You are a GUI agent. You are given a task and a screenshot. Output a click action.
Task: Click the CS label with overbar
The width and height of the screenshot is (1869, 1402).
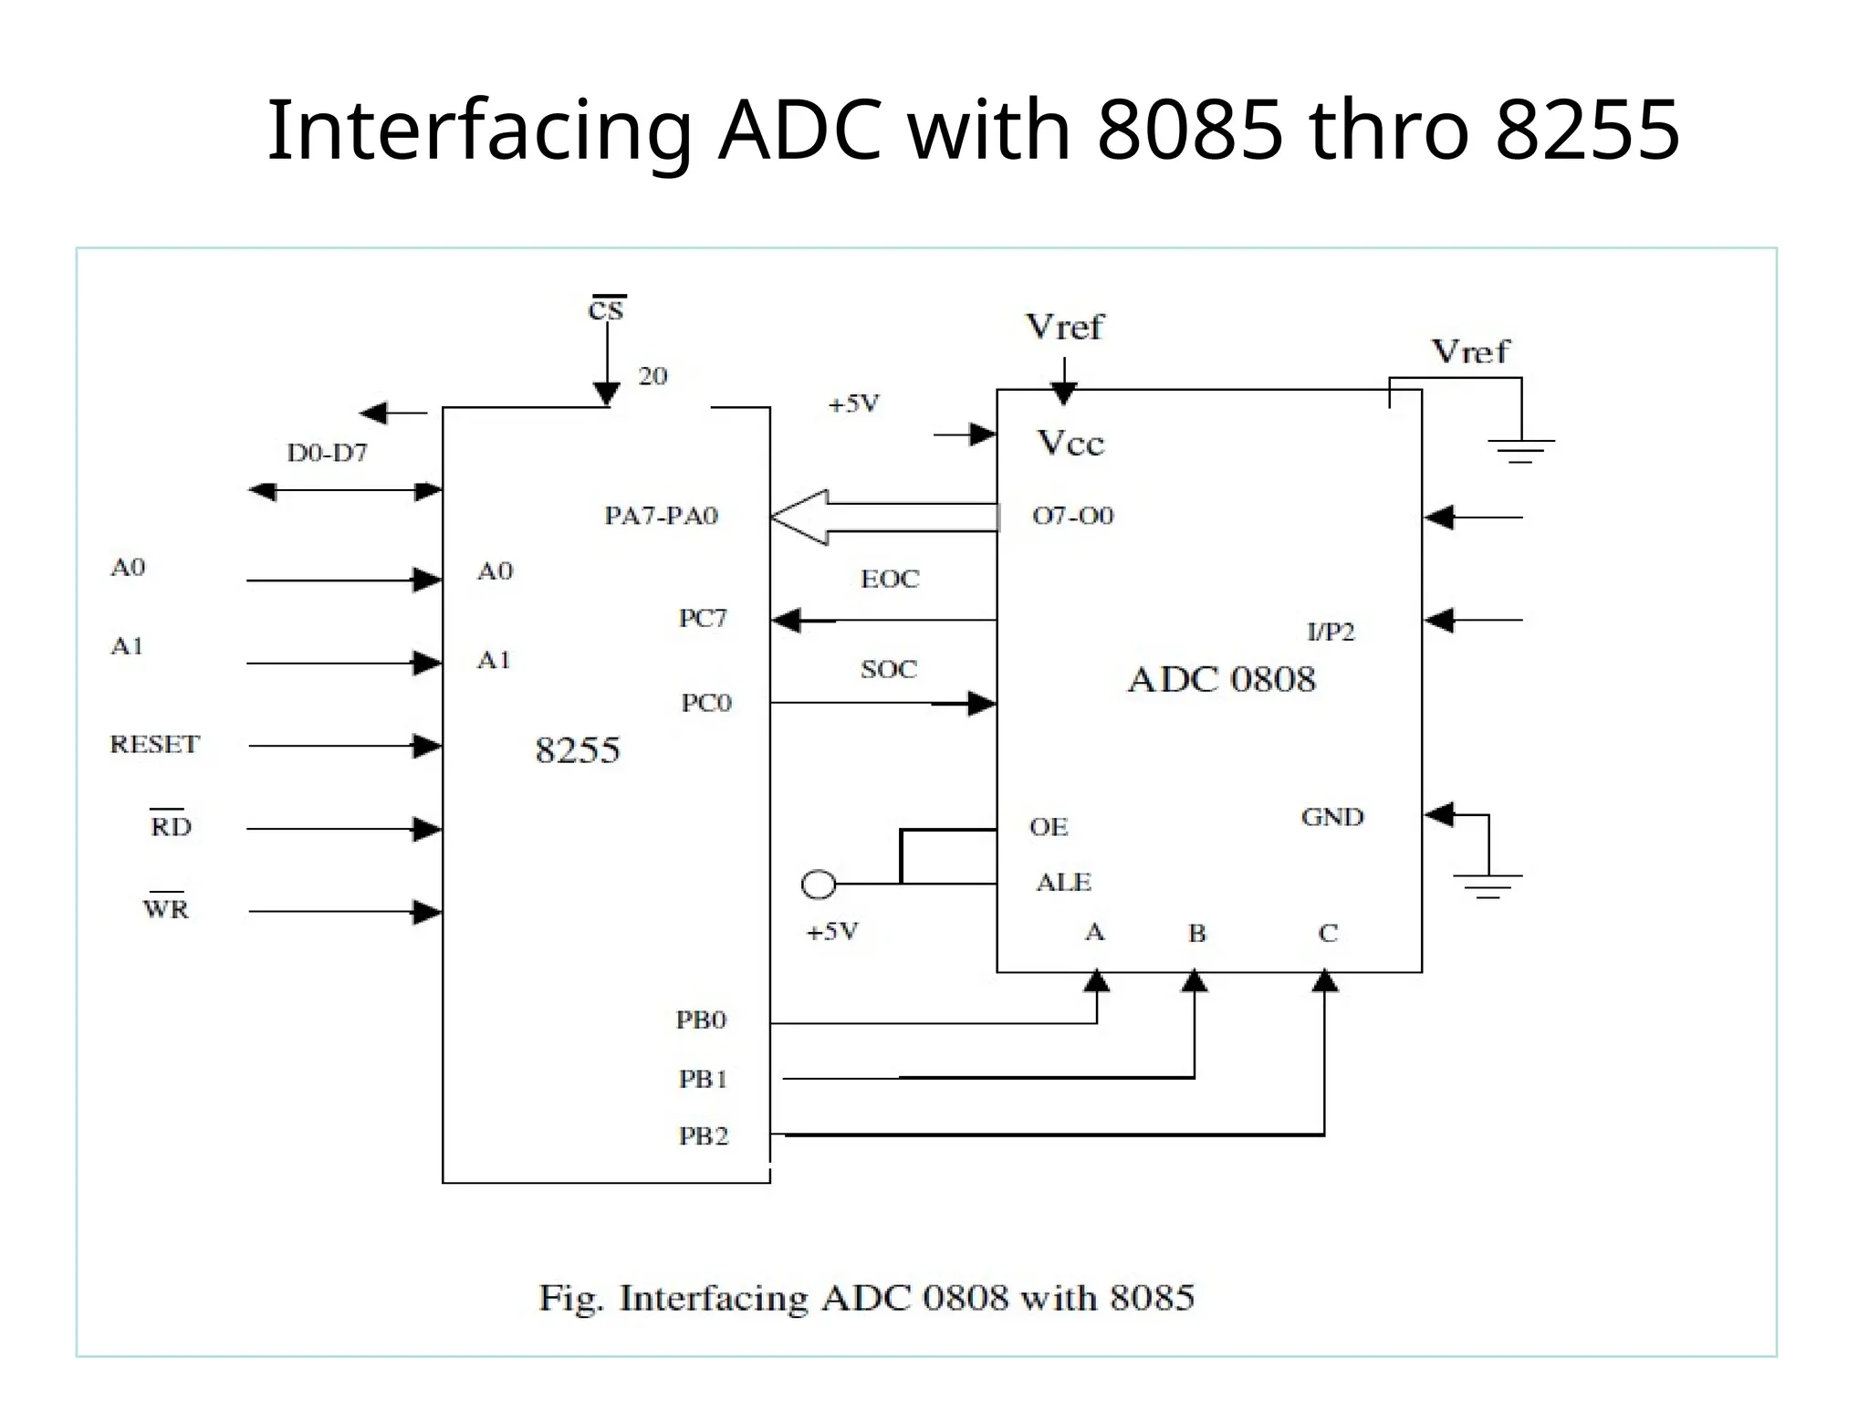tap(606, 309)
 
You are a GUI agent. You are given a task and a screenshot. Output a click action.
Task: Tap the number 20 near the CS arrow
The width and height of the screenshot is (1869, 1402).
tap(653, 376)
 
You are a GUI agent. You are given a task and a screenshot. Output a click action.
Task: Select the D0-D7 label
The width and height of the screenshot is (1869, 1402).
tap(327, 453)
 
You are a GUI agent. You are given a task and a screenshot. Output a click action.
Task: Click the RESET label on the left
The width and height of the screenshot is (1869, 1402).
tap(154, 744)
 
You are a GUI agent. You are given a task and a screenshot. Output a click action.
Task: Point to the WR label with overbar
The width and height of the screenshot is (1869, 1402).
tap(166, 908)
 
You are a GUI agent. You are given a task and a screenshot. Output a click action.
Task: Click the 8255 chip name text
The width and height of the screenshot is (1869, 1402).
tap(577, 750)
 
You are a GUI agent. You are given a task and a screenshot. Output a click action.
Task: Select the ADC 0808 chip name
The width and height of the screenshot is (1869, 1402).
tap(1221, 680)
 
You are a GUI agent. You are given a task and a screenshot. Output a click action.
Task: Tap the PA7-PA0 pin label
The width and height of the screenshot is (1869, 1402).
tap(661, 516)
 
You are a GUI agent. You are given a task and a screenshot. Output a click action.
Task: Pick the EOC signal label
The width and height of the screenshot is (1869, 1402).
tap(890, 579)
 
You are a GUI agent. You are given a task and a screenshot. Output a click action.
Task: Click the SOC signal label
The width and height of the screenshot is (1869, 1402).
tap(888, 669)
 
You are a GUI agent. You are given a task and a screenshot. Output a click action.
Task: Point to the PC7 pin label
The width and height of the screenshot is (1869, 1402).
tap(703, 618)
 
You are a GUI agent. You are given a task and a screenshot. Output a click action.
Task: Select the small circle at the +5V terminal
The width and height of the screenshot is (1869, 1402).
tap(818, 884)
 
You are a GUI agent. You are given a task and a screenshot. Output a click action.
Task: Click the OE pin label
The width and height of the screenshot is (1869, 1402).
tap(1048, 827)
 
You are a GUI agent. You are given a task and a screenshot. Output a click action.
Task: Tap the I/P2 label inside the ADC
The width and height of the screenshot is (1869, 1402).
tap(1331, 632)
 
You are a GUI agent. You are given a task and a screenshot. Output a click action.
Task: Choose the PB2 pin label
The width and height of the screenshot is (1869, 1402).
tap(703, 1135)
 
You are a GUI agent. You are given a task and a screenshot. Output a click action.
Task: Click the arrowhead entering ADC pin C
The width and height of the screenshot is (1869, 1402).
tap(1324, 982)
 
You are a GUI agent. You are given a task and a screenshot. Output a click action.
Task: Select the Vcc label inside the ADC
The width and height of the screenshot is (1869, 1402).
tap(1070, 444)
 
